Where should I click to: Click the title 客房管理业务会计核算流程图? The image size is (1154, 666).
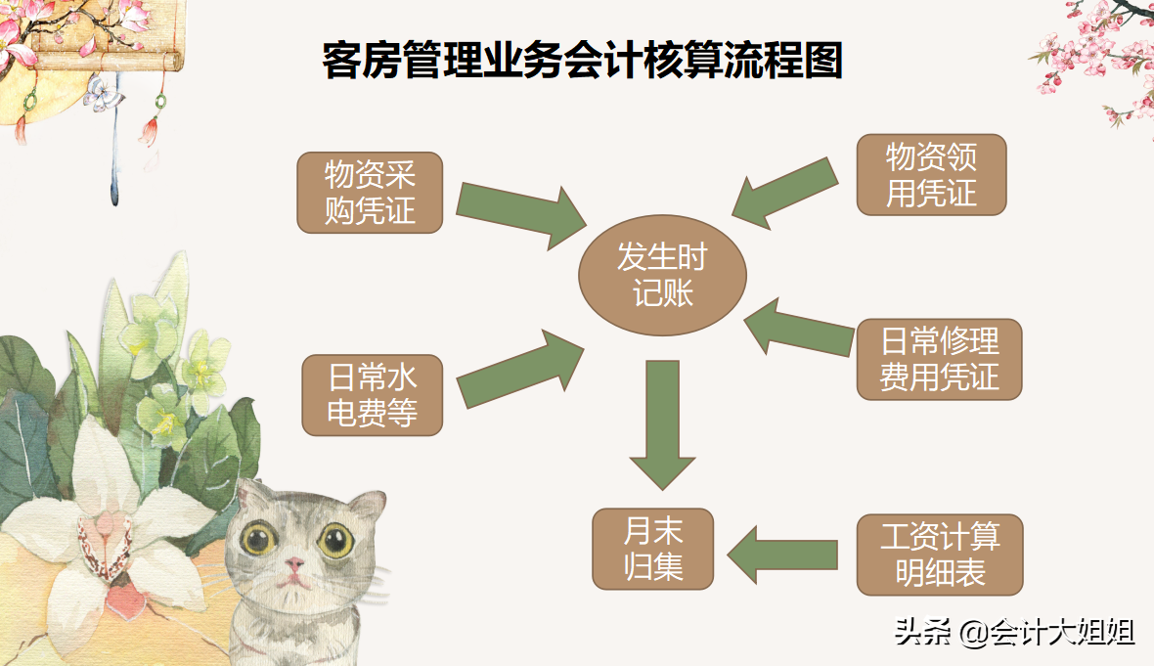click(582, 61)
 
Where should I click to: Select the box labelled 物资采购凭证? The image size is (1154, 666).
click(370, 193)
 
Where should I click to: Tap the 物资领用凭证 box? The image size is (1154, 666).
click(931, 175)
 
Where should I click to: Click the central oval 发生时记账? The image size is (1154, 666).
click(661, 275)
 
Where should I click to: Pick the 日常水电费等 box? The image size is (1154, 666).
click(371, 395)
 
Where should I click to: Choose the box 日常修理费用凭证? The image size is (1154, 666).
click(939, 359)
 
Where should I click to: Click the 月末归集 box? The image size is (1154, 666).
click(653, 549)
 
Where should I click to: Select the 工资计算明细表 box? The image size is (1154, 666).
click(939, 555)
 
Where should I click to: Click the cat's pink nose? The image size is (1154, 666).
click(293, 564)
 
